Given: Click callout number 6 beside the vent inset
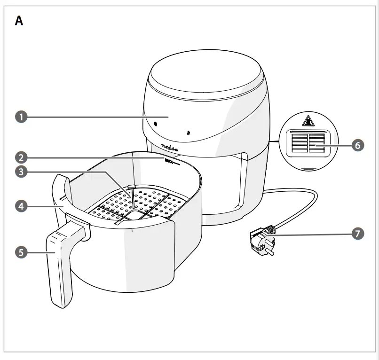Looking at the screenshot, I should tap(357, 145).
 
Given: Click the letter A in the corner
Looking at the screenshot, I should tap(19, 21).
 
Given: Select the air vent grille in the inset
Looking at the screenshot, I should tap(308, 143).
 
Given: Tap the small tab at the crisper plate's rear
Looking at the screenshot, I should tap(132, 188).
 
